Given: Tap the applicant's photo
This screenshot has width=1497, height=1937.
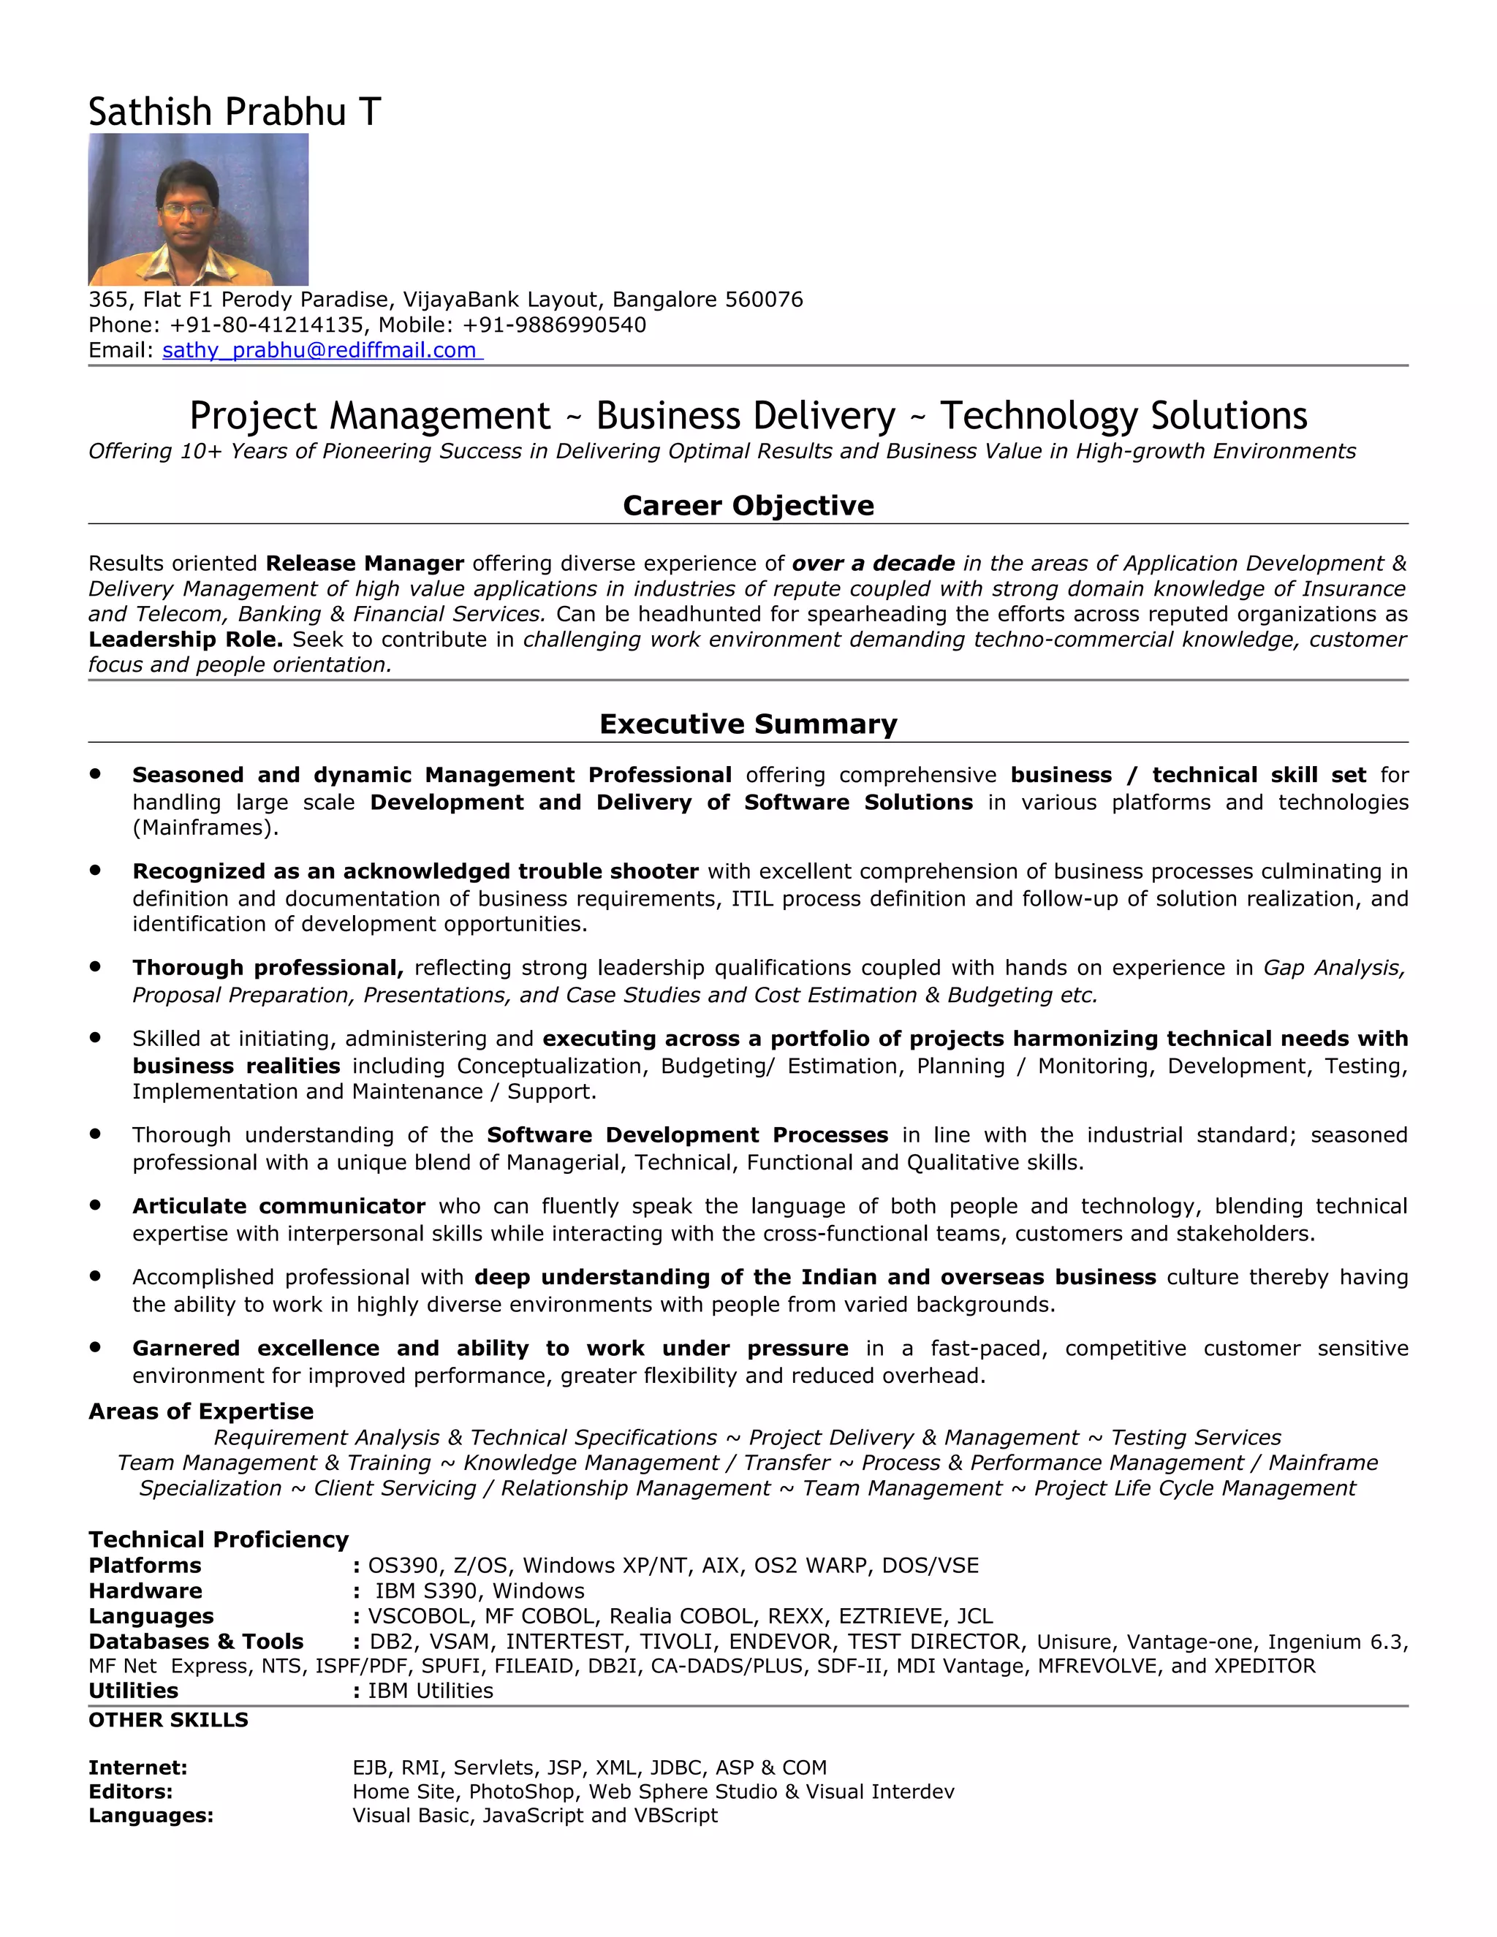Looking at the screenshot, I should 198,209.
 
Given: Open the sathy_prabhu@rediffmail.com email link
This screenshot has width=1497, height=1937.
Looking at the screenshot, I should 320,350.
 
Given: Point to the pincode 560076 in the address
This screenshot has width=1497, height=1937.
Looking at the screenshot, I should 764,300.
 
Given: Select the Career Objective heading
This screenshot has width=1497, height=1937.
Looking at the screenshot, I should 748,506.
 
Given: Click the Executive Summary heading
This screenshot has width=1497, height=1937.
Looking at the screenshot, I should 748,724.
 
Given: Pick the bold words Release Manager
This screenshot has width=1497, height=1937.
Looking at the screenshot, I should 365,563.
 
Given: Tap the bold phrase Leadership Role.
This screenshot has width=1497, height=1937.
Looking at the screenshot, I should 186,640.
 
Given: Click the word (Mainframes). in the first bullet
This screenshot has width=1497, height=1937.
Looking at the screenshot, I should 205,827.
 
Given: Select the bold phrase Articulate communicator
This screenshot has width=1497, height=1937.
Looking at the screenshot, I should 278,1206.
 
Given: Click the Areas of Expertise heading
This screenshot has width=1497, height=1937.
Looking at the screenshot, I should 200,1411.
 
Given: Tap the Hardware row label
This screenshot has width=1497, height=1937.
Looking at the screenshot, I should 145,1591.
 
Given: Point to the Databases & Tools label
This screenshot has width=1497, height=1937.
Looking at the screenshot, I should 196,1642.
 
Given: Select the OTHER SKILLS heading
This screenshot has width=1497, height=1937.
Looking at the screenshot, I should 169,1720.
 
